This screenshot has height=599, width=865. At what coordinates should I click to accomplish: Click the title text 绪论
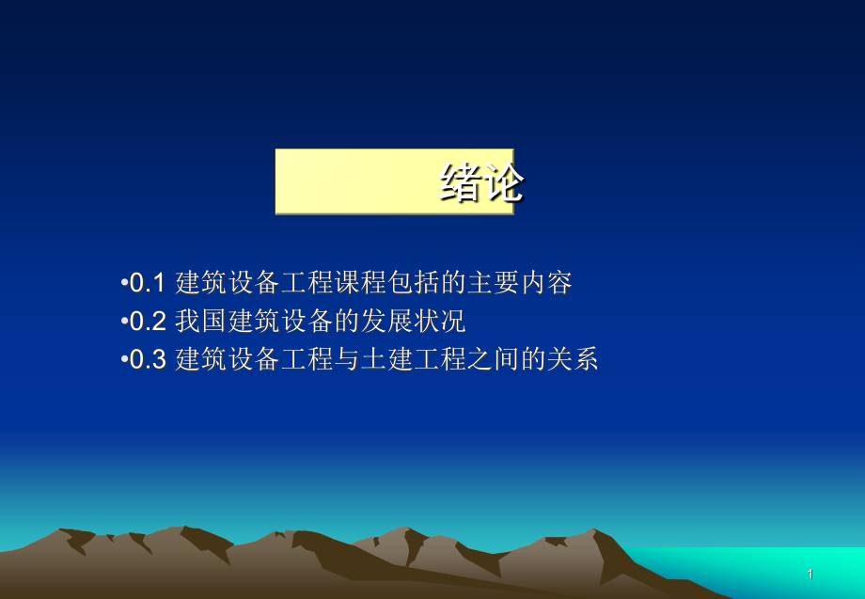[x=480, y=182]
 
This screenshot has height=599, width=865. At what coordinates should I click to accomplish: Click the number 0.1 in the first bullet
[x=147, y=282]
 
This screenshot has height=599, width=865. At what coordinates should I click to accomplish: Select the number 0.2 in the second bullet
[x=147, y=322]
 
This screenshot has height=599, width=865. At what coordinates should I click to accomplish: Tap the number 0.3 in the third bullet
[x=147, y=360]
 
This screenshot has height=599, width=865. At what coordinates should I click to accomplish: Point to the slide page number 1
[x=810, y=574]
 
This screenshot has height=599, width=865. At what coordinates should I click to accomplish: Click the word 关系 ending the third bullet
[x=573, y=360]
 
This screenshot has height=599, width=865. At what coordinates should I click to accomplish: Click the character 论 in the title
[x=502, y=182]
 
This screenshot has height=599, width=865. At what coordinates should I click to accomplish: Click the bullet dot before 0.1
[x=124, y=282]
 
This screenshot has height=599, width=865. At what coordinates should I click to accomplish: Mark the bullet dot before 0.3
[x=124, y=360]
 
